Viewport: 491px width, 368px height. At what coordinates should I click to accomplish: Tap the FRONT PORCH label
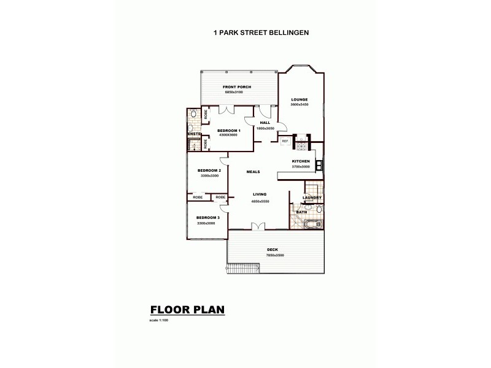(x=237, y=87)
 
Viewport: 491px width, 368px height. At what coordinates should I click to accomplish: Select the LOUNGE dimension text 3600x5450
(x=300, y=104)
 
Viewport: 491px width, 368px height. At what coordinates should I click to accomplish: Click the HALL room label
(x=265, y=123)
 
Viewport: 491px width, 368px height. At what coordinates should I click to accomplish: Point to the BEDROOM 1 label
(x=230, y=130)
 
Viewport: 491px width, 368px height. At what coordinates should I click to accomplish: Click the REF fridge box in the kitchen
(x=285, y=141)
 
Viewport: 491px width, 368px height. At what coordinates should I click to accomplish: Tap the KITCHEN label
(x=301, y=161)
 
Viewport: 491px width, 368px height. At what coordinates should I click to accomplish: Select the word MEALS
(x=253, y=172)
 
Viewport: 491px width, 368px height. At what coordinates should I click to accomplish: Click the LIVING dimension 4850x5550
(x=260, y=201)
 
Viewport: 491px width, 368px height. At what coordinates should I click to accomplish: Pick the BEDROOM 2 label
(x=209, y=171)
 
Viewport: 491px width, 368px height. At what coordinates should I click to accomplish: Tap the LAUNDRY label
(x=312, y=197)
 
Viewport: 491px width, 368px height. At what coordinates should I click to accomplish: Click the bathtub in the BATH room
(x=314, y=224)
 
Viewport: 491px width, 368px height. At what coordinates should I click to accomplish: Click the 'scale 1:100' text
(x=158, y=321)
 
